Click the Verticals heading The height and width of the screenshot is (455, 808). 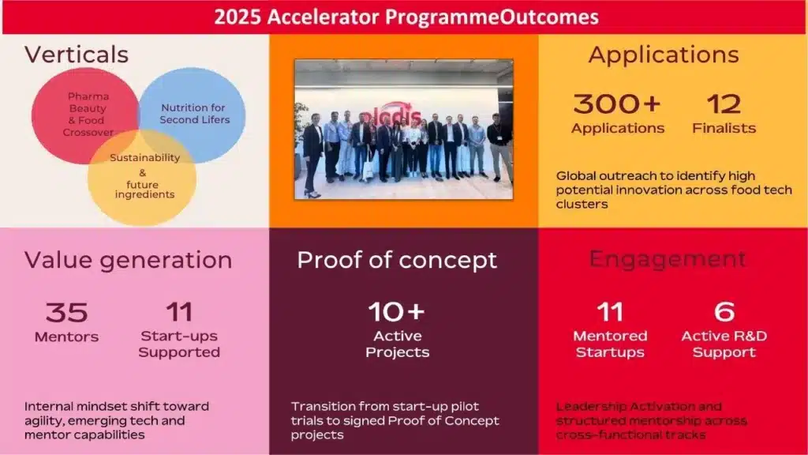[x=77, y=55]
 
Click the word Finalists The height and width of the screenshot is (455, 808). [x=724, y=128]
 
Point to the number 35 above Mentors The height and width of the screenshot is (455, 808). [x=66, y=312]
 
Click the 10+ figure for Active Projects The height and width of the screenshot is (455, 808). [x=397, y=311]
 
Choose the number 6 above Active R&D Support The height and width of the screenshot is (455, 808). [x=724, y=311]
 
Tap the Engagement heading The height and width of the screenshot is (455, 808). [x=668, y=259]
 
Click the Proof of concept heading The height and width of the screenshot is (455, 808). [x=397, y=260]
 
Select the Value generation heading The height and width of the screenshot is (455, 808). [x=129, y=260]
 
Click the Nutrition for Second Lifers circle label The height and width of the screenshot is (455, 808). [x=194, y=114]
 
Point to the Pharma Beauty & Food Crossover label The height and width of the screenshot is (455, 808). [x=88, y=114]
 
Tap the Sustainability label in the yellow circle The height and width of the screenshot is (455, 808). [x=145, y=157]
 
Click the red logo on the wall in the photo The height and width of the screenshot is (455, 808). [x=390, y=115]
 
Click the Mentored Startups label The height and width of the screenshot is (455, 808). [x=610, y=344]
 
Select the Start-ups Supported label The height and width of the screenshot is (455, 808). [x=179, y=344]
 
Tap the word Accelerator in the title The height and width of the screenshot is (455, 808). [x=323, y=17]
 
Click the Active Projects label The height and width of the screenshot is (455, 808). [x=398, y=344]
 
